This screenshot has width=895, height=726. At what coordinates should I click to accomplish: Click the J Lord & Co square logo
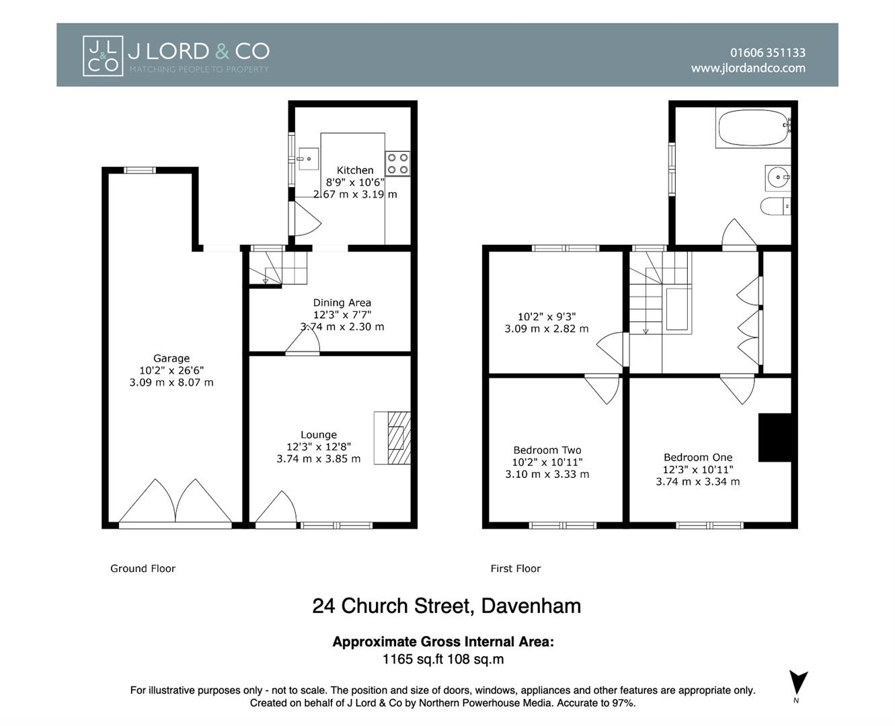[x=103, y=56]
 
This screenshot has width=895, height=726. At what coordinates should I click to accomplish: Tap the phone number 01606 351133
[x=768, y=53]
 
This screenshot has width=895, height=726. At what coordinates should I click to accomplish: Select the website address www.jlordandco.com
[x=748, y=68]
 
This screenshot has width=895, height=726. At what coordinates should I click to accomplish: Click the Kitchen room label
[x=355, y=170]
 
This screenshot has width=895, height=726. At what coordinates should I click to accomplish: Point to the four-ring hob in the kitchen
[x=397, y=163]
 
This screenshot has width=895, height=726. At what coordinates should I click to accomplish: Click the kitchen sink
[x=308, y=159]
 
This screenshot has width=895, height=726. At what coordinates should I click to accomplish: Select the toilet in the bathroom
[x=776, y=206]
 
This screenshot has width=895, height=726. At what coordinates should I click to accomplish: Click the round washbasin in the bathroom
[x=778, y=177]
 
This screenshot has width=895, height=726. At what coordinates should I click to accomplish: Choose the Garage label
[x=171, y=358]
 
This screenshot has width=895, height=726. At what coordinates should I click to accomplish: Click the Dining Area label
[x=342, y=302]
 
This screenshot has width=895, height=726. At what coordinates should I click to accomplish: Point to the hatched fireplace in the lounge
[x=392, y=438]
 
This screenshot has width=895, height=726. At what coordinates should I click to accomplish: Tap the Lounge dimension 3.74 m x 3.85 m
[x=319, y=458]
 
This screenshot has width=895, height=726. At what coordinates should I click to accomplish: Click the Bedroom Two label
[x=547, y=450]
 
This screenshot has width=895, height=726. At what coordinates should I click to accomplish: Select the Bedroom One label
[x=698, y=457]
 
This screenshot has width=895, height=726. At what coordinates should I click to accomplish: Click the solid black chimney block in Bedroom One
[x=775, y=438]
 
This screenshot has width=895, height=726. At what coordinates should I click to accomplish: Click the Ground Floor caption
[x=143, y=569]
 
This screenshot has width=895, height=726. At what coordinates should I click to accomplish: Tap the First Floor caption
[x=516, y=569]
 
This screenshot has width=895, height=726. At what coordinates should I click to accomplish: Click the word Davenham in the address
[x=531, y=606]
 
